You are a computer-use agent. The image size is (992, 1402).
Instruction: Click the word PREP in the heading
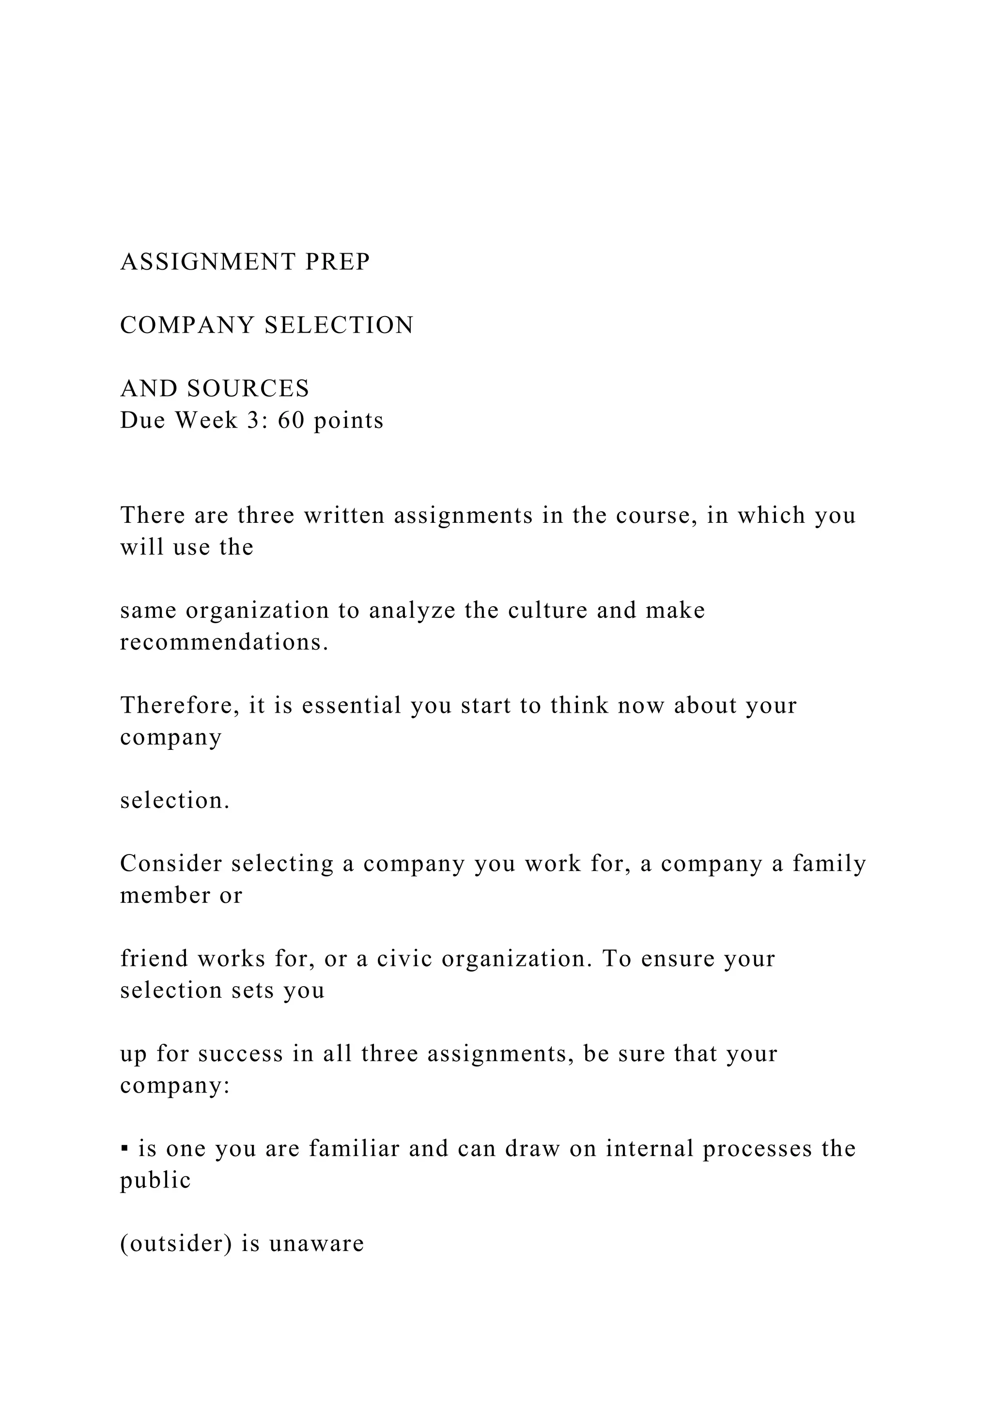coord(338,262)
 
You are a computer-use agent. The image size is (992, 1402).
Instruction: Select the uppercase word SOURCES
coord(248,389)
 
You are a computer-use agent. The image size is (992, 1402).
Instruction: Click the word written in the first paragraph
coord(344,516)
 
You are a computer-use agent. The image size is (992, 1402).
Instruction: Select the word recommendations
coord(224,642)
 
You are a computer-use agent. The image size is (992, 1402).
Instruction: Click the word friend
coord(155,960)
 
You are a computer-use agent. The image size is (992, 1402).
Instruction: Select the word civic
coord(404,960)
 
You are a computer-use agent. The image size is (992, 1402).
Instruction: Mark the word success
coord(241,1054)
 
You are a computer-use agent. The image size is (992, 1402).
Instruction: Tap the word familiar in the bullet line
coord(353,1149)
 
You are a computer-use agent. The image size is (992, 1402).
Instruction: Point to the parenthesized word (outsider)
coord(176,1245)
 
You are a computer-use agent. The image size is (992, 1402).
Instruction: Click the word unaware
coord(316,1245)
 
